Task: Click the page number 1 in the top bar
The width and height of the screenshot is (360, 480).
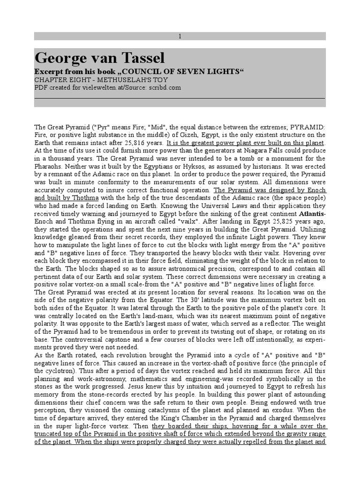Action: point(180,36)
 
